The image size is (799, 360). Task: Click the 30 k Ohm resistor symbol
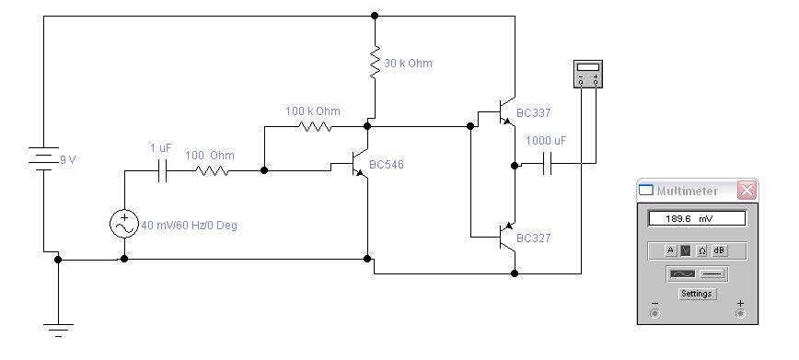tap(375, 62)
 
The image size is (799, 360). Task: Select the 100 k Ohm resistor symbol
tap(316, 126)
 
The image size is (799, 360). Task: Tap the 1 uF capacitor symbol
tap(163, 170)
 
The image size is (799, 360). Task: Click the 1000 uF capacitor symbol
tap(548, 164)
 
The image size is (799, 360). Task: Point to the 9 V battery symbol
tap(44, 158)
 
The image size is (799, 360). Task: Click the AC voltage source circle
tap(124, 224)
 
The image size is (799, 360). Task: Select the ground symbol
tap(58, 330)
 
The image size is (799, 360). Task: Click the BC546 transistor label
tap(387, 165)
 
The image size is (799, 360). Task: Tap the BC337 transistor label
tap(534, 113)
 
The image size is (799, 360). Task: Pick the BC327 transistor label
tap(534, 238)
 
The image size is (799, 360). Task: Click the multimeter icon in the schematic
tap(588, 74)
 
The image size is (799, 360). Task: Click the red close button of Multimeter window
tap(747, 191)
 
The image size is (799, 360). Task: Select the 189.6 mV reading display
tap(697, 219)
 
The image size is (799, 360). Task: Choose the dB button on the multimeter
tap(719, 250)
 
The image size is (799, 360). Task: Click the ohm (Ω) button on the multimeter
tap(702, 250)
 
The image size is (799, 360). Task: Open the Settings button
tap(697, 294)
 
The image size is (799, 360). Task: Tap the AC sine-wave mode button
tap(682, 274)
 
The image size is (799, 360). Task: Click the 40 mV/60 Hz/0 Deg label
tap(189, 225)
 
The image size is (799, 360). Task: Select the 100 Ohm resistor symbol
tap(212, 170)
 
